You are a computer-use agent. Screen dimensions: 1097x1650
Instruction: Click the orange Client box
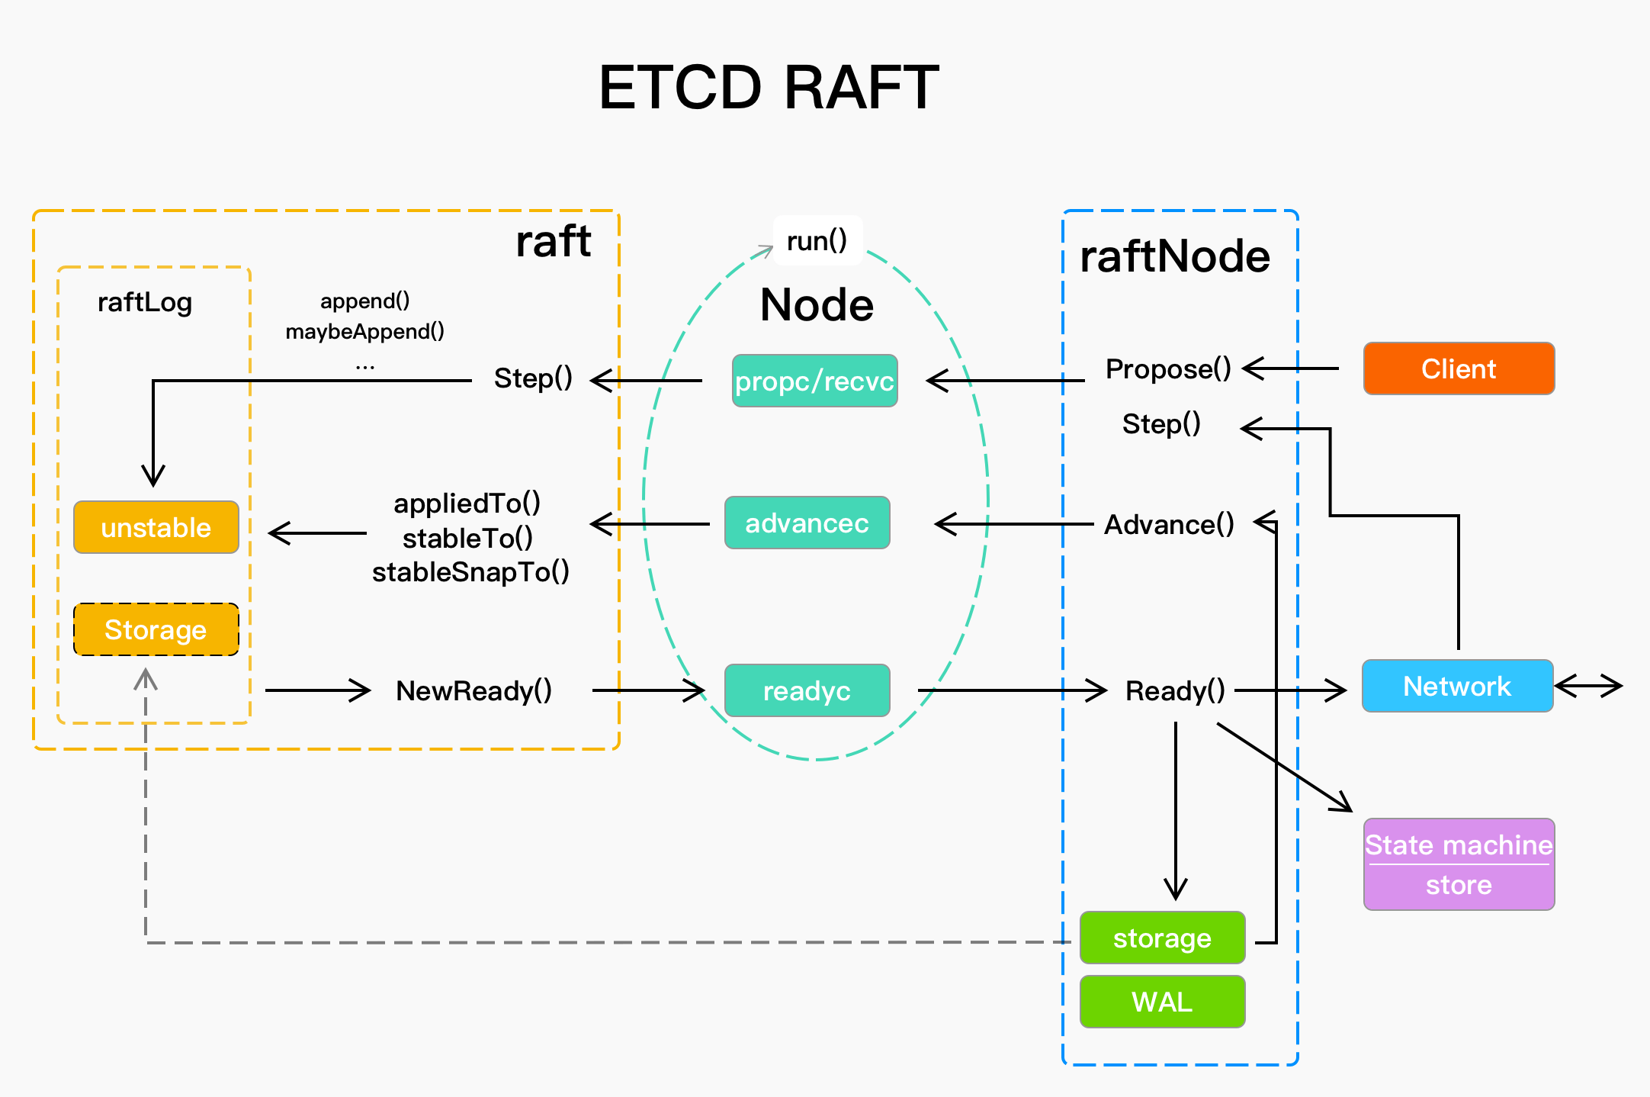tap(1458, 368)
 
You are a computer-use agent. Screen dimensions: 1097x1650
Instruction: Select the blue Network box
tap(1457, 686)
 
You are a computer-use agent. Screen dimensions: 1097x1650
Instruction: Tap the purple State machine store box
tap(1458, 864)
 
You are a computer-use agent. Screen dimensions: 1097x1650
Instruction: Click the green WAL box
tap(1162, 1002)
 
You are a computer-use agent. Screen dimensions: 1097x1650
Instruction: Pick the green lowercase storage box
tap(1162, 938)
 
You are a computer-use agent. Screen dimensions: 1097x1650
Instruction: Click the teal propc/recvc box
tap(814, 381)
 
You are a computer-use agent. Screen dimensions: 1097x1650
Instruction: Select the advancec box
tap(807, 523)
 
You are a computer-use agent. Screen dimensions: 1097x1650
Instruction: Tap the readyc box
tap(807, 690)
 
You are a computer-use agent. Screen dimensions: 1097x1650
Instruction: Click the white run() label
tap(817, 241)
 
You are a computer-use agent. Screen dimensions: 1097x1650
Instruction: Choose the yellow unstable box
tap(156, 527)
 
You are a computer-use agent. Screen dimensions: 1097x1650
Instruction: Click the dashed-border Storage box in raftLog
tap(156, 629)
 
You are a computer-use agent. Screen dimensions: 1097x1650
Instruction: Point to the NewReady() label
tap(473, 690)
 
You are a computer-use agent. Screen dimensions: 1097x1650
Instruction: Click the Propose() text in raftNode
tap(1167, 369)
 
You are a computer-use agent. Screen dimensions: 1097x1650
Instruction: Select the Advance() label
tap(1169, 525)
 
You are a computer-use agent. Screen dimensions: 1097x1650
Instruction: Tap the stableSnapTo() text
tap(470, 571)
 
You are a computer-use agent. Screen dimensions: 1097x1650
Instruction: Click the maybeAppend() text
tap(364, 331)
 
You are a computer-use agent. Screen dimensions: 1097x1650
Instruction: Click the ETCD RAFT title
tap(769, 87)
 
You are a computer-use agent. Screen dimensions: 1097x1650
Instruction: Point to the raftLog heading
tap(145, 302)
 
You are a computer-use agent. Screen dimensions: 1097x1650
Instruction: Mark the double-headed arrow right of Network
tap(1589, 686)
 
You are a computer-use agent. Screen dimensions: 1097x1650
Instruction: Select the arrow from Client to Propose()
tap(1290, 368)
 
